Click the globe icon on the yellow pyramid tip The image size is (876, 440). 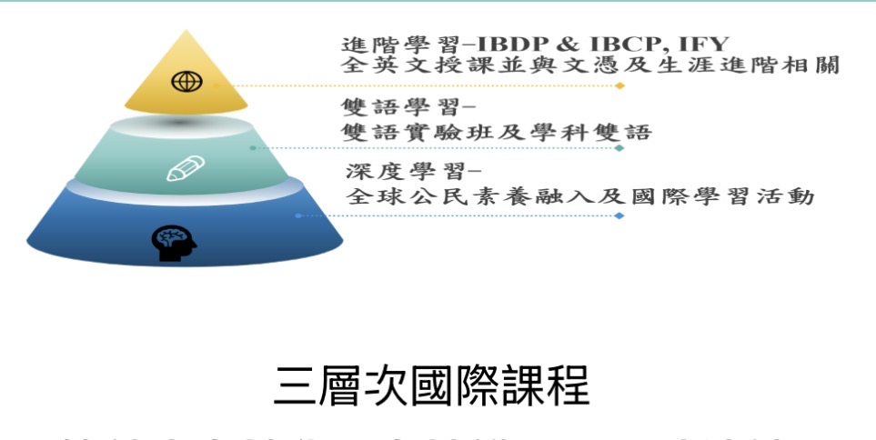[186, 82]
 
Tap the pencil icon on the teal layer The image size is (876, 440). [186, 168]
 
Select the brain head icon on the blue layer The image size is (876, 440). [173, 242]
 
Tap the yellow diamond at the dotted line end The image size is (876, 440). [619, 85]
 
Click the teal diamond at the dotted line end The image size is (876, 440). [619, 147]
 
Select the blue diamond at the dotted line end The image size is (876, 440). [619, 215]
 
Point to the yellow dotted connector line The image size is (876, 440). [418, 85]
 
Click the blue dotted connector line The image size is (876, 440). [455, 215]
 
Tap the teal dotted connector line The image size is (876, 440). [437, 147]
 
